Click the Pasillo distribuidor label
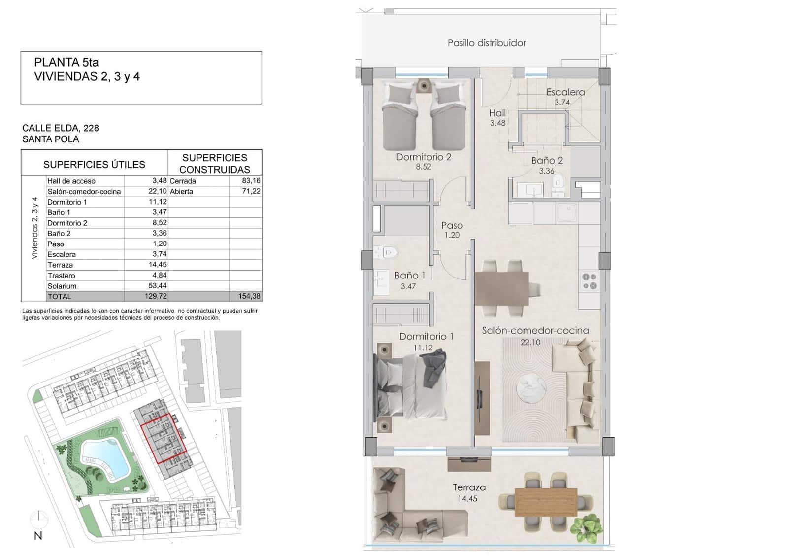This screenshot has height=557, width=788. pos(487,43)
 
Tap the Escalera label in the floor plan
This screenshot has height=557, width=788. pos(565,92)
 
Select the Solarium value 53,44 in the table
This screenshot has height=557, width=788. pos(158,286)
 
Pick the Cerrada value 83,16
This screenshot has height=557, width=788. pos(251,181)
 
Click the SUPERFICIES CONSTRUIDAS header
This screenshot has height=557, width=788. pos(215,163)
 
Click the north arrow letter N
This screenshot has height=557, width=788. pos(38,536)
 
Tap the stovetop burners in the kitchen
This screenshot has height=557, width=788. pos(590,281)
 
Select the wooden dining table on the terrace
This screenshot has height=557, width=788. pos(546,502)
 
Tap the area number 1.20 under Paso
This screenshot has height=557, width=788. pos(452,235)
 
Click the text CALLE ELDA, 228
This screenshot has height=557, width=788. pos(61,128)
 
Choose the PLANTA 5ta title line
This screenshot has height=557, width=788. pos(66,63)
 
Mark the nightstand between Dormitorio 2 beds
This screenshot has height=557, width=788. pos(423,86)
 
